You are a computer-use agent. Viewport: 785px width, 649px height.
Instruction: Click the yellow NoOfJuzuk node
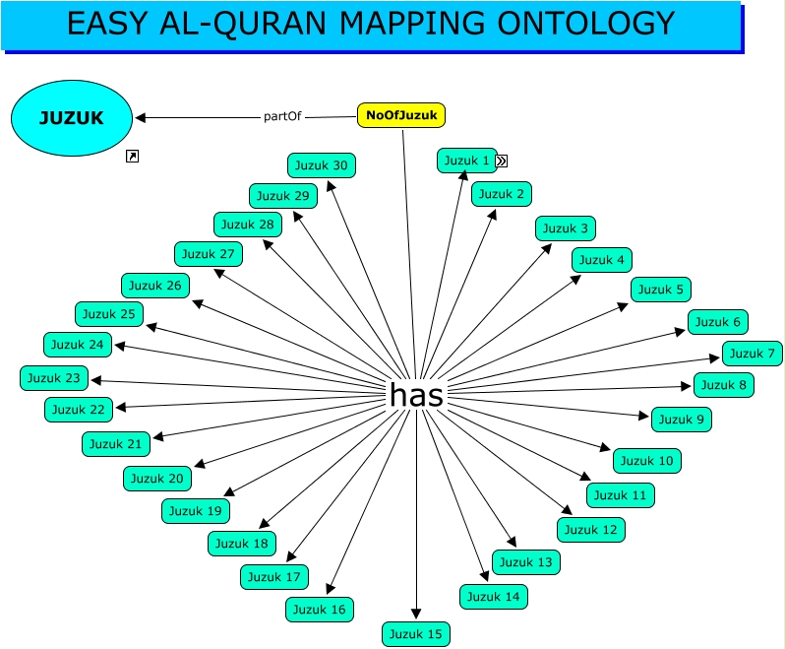coord(400,115)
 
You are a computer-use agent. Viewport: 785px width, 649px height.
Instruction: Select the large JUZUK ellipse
coord(71,118)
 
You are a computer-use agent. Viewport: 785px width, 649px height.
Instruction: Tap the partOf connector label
coord(282,116)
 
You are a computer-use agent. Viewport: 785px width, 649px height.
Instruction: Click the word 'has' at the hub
coord(416,395)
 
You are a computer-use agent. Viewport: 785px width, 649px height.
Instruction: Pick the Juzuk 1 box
coord(466,161)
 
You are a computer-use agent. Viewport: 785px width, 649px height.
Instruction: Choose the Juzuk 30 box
coord(321,165)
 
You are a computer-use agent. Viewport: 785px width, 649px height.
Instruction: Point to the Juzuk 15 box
coord(415,634)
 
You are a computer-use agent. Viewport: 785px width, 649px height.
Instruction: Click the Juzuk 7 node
coord(753,354)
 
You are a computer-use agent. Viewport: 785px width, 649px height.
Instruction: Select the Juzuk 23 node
coord(53,378)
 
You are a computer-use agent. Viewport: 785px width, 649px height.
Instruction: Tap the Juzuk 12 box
coord(590,530)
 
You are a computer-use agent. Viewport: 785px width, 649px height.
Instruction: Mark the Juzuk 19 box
coord(196,511)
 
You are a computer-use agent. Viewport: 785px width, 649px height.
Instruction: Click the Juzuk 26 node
coord(155,286)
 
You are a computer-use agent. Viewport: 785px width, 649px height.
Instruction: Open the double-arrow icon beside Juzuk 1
coord(501,161)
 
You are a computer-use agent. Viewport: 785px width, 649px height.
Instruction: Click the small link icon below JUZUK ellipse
coord(133,156)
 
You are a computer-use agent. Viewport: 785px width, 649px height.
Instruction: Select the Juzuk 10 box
coord(646,460)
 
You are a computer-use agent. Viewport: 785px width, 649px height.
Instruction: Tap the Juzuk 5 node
coord(660,290)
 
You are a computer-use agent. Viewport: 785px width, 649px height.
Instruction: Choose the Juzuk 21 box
coord(116,444)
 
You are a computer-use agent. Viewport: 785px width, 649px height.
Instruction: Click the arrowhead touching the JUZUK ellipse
coord(141,118)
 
